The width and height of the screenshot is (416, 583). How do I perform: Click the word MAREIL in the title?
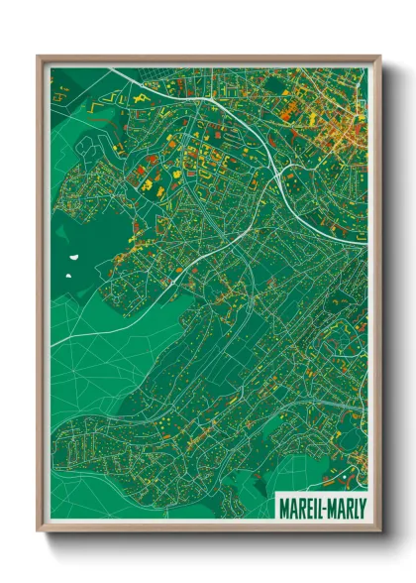(300, 506)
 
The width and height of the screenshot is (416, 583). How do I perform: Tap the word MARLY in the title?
(346, 506)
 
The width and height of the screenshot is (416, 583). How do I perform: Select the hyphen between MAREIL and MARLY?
(323, 507)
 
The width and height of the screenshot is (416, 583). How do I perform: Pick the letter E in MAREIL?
(305, 506)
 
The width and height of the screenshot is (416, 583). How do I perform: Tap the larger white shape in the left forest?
(74, 262)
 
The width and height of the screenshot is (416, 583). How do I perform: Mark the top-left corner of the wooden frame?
(39, 56)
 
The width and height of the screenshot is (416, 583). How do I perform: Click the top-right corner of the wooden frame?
(379, 56)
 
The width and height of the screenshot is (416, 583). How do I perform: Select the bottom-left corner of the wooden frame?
(39, 530)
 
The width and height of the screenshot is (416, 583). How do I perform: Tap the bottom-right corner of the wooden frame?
(379, 530)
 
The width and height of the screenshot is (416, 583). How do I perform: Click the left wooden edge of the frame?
(42, 297)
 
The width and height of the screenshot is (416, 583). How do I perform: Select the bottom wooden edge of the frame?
(208, 527)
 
